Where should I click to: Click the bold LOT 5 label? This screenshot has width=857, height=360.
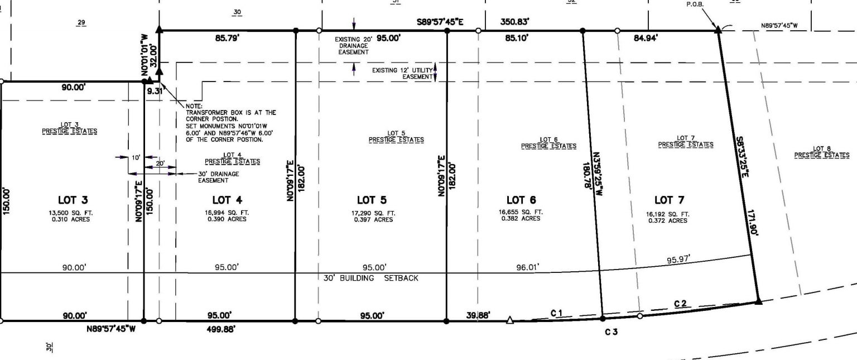coord(371,200)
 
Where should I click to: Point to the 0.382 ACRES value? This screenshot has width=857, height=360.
coord(521,219)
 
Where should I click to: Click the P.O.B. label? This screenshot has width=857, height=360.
coord(695,4)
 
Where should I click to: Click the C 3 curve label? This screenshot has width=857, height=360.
coord(612,332)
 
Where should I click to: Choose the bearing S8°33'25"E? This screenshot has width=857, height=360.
coord(741,158)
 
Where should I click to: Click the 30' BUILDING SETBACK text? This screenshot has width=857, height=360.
coord(370,278)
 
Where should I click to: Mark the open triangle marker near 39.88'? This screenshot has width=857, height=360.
coord(509,320)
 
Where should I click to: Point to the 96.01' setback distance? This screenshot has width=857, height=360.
coord(528,267)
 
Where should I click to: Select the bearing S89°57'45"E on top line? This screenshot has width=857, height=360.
coord(440,22)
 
